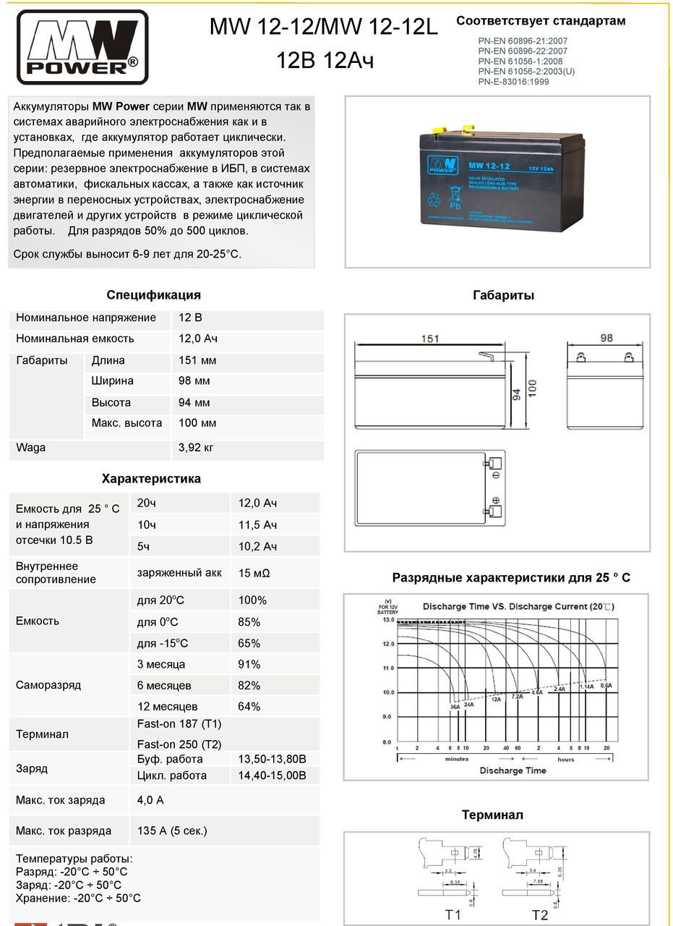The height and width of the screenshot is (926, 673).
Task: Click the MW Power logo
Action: pos(82,48)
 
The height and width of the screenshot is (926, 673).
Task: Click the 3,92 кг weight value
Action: pos(196,448)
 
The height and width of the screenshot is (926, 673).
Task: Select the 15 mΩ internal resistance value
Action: pos(254,573)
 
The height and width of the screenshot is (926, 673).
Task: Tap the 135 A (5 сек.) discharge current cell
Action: pos(172,831)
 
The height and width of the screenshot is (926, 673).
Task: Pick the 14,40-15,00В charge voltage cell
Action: pos(272,776)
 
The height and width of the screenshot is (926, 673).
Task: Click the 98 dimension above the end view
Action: pos(606,338)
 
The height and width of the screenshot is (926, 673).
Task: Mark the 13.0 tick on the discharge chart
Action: pos(387,620)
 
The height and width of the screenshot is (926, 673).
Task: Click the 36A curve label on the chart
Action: pos(455,707)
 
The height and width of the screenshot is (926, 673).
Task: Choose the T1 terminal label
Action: pos(453,915)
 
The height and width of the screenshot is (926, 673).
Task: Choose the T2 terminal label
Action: pos(539,915)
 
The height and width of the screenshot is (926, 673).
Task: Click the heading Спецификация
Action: pos(153,295)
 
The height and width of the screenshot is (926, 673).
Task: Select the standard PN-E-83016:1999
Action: pos(513,82)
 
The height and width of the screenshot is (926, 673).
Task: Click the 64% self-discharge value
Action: pos(249,706)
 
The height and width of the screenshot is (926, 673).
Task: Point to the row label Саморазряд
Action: pos(48,684)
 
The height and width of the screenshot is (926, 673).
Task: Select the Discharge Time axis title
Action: pos(513,770)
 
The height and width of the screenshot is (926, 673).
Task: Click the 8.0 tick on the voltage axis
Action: pos(387,742)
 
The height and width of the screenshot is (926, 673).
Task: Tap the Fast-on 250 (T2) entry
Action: pos(179,744)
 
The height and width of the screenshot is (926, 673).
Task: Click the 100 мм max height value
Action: pos(197,423)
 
